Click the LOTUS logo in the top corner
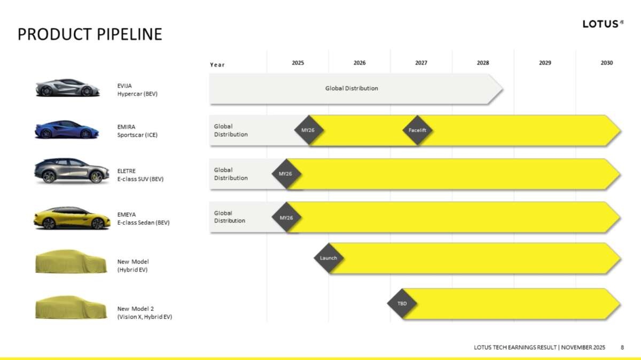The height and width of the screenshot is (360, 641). click(603, 24)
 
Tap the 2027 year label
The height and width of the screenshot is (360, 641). click(421, 62)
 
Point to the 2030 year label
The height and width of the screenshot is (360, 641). click(606, 62)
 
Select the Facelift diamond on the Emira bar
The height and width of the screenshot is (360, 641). click(417, 130)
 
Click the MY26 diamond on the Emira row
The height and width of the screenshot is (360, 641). click(309, 130)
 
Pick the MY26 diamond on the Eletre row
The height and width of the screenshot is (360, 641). click(286, 174)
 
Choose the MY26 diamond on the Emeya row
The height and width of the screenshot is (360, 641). click(286, 217)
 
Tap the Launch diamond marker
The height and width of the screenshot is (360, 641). click(329, 258)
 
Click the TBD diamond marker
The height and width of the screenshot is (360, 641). click(402, 303)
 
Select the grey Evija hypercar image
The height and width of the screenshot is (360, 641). click(67, 88)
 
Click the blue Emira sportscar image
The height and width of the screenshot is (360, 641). click(67, 129)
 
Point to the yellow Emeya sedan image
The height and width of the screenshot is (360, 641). click(72, 218)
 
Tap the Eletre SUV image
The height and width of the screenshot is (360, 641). click(72, 171)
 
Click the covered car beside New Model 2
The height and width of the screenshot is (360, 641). click(71, 307)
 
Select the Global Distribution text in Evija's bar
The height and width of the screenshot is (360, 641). click(351, 89)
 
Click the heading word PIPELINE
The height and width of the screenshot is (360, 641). click(129, 34)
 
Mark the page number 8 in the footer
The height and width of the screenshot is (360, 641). click(622, 347)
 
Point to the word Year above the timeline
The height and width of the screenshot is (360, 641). click(217, 65)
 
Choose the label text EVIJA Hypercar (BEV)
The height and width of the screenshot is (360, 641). click(137, 90)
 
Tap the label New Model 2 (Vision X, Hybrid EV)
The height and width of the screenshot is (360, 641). click(145, 313)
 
